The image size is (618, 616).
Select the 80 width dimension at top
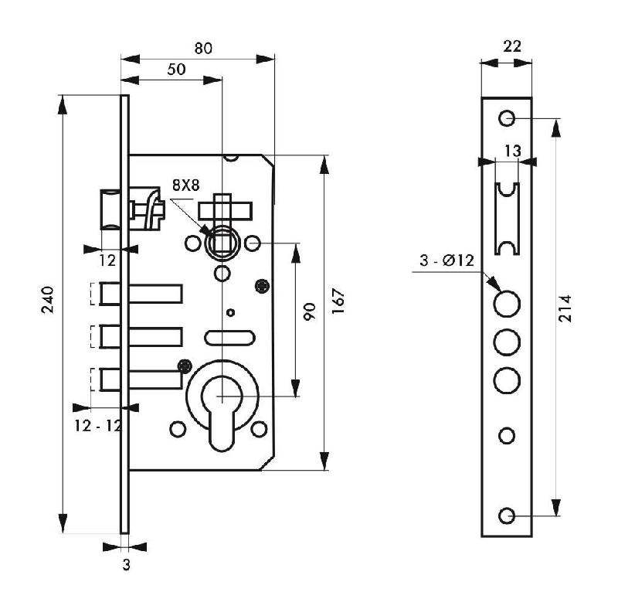point(202,48)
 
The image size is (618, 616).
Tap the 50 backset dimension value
point(176,69)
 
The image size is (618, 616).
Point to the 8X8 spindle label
point(185,185)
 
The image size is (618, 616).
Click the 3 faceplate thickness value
point(126,565)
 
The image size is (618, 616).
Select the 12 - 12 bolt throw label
point(97,425)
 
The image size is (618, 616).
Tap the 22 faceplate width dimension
point(511,46)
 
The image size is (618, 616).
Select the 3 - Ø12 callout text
point(447,260)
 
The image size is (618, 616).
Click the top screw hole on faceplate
point(507,118)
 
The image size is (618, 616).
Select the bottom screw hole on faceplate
point(507,516)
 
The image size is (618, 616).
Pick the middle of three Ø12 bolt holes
point(507,340)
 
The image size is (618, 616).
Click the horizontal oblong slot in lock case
point(229,337)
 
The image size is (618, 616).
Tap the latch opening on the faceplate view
point(508,219)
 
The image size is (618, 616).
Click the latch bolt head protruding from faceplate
point(110,210)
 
